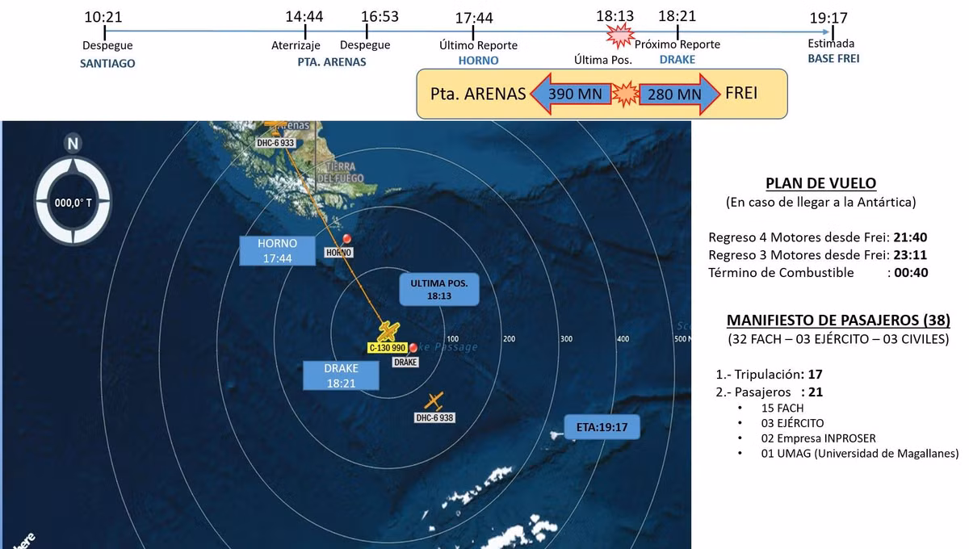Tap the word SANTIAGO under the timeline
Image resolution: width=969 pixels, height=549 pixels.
coord(107,62)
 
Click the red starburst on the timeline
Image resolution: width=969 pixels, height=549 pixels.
coord(620,34)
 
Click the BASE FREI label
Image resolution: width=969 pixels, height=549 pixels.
coord(833,59)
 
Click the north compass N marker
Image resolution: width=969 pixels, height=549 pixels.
coord(73,144)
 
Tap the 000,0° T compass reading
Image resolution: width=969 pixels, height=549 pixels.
coord(73,202)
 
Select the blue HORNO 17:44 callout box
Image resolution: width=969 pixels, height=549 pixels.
coord(277,250)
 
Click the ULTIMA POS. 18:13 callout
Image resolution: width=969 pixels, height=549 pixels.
coord(439,290)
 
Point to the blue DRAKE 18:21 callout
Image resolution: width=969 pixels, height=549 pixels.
coord(341,375)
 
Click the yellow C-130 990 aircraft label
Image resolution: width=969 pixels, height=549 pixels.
coord(388,348)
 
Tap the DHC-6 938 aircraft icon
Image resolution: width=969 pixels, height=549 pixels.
coord(434,400)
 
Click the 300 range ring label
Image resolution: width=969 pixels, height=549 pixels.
coord(566,339)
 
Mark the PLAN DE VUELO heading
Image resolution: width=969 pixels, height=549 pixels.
coord(820,183)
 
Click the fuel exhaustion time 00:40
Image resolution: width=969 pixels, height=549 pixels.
coord(910,273)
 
